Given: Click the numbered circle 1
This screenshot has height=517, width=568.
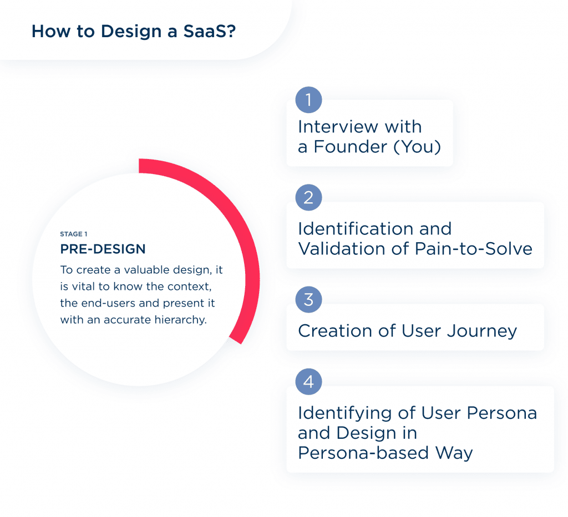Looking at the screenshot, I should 308,100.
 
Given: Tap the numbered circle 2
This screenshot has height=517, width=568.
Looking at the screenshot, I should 308,198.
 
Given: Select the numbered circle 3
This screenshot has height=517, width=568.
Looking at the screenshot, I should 308,300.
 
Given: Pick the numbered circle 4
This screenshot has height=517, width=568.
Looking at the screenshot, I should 308,382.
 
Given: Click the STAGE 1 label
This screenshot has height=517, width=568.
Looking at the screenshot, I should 74,234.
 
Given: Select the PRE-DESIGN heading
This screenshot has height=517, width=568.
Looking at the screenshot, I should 103,249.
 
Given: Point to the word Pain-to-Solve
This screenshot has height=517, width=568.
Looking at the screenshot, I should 474,248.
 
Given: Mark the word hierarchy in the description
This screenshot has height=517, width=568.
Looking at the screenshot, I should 181,320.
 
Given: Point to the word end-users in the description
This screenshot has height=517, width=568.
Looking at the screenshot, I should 104,304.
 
